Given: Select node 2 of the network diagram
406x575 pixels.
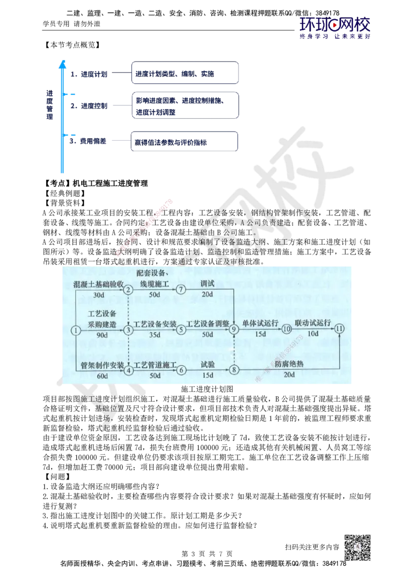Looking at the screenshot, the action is pos(128,290).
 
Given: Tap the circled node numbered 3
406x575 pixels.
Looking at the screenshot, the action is pos(128,330).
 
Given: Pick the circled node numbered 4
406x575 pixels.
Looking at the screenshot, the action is pos(128,370).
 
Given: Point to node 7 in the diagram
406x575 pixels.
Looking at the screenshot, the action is pos(181,290).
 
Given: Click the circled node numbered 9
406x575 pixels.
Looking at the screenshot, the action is pos(234,330).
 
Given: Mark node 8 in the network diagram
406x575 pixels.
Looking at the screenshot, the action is pos(234,370).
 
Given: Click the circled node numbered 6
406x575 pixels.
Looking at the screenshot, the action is pos(181,370).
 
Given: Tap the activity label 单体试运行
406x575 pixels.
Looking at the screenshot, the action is pos(260,323).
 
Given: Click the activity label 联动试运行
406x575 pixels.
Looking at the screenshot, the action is pos(313,323).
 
